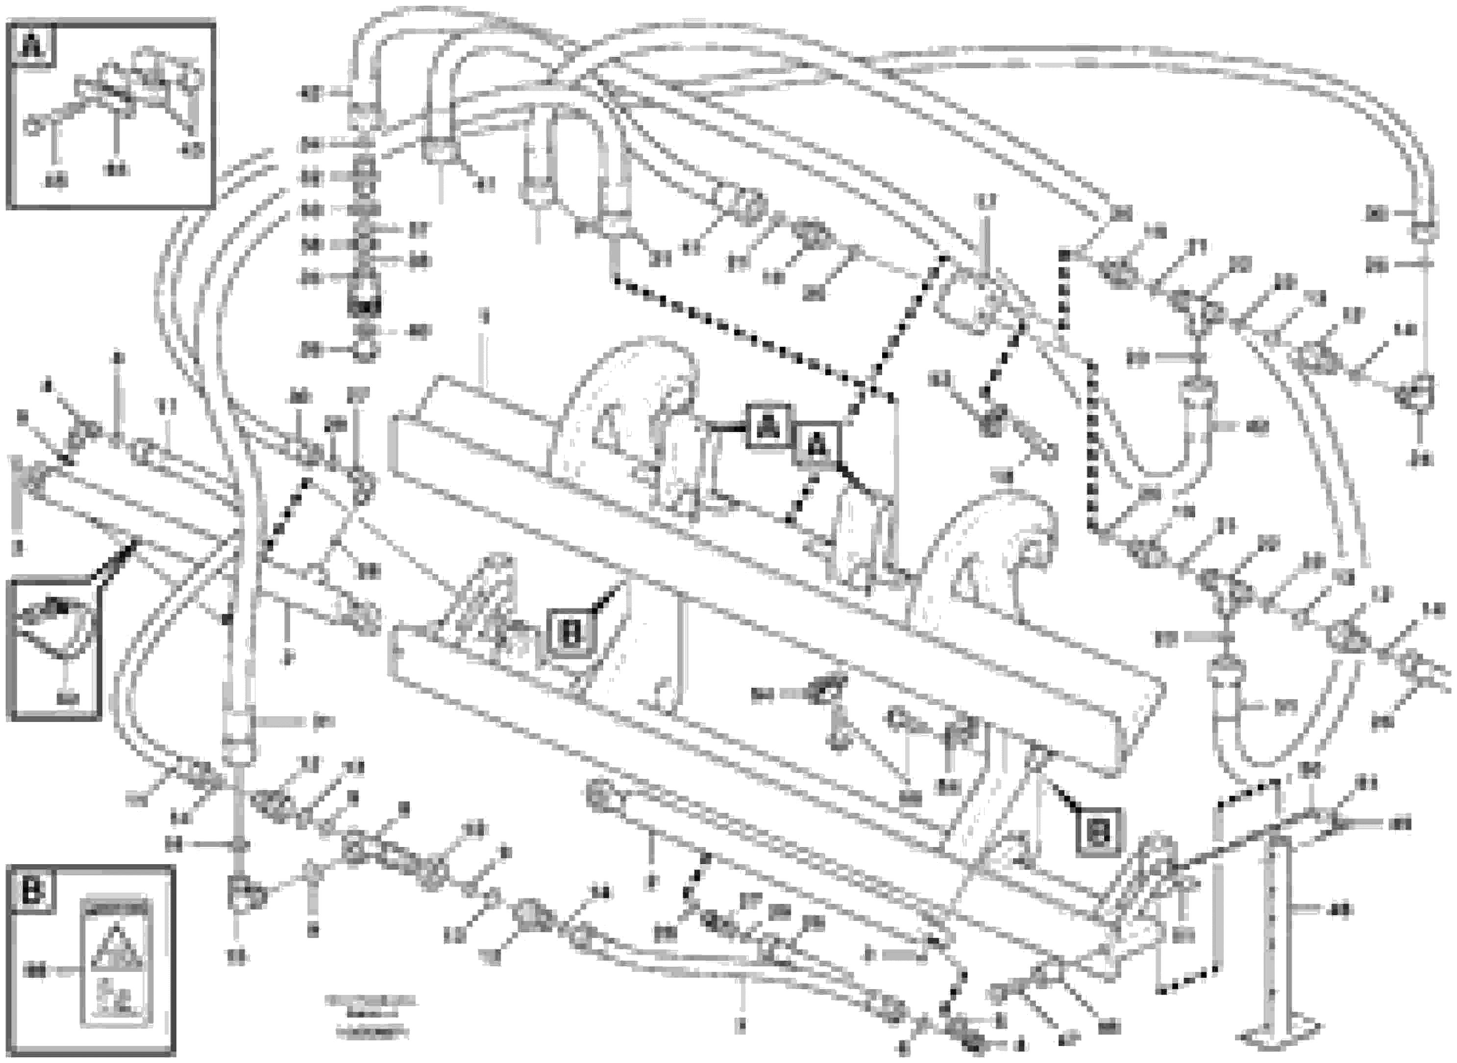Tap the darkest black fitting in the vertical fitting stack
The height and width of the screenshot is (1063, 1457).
[364, 304]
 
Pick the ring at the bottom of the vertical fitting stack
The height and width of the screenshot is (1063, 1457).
[364, 351]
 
